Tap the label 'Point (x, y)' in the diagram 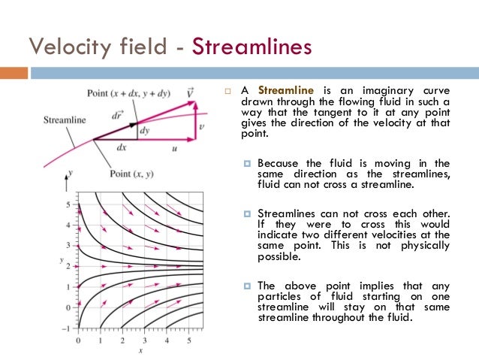tap(131, 174)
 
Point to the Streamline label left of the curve tap(65, 119)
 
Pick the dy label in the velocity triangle tap(145, 130)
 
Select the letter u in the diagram tap(174, 149)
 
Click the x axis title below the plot tap(140, 351)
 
